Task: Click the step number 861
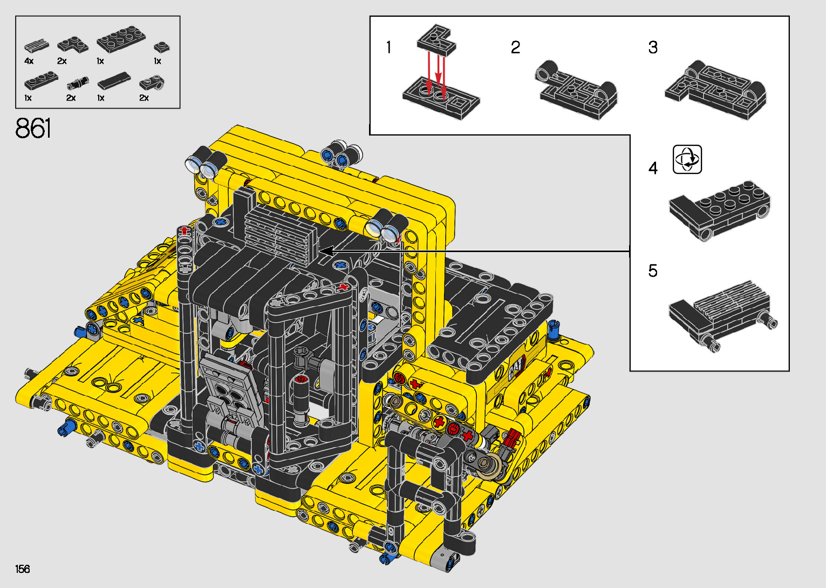[x=33, y=128]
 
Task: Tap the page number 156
[x=23, y=569]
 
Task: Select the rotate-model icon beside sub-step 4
[x=687, y=159]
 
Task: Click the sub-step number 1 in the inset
[x=388, y=48]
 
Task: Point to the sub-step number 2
[x=516, y=48]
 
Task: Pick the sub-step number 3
[x=653, y=48]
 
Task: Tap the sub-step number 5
[x=653, y=271]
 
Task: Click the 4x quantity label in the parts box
[x=29, y=61]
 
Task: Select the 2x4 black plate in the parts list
[x=121, y=39]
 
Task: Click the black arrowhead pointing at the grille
[x=327, y=252]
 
